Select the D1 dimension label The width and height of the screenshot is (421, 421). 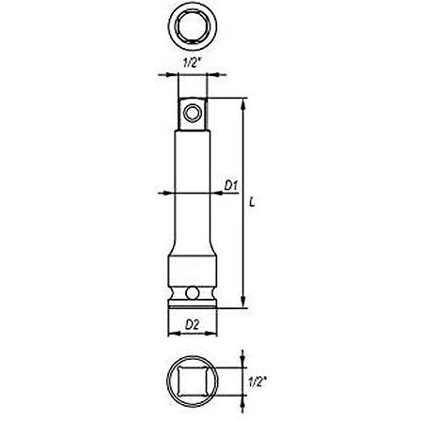click(228, 186)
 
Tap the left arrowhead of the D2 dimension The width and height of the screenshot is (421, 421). click(170, 334)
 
